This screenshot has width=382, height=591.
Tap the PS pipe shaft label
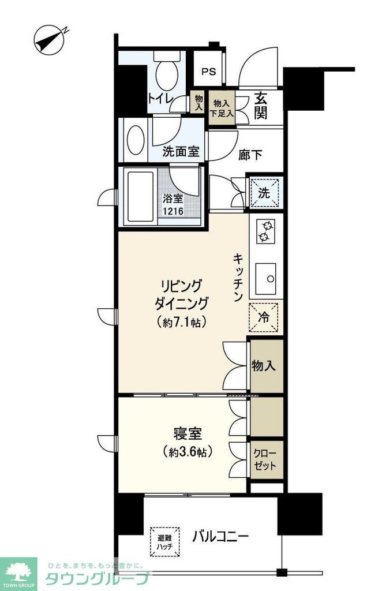click(208, 72)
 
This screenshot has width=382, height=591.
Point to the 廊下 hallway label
click(250, 154)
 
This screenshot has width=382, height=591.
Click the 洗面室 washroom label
click(181, 152)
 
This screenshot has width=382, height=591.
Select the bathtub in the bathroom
click(138, 197)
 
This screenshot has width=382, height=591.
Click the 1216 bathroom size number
click(174, 211)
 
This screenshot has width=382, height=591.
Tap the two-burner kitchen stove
click(267, 231)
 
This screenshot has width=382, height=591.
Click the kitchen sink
click(267, 278)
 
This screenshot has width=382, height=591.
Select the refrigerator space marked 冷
click(264, 317)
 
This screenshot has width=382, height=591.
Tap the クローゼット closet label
click(265, 459)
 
